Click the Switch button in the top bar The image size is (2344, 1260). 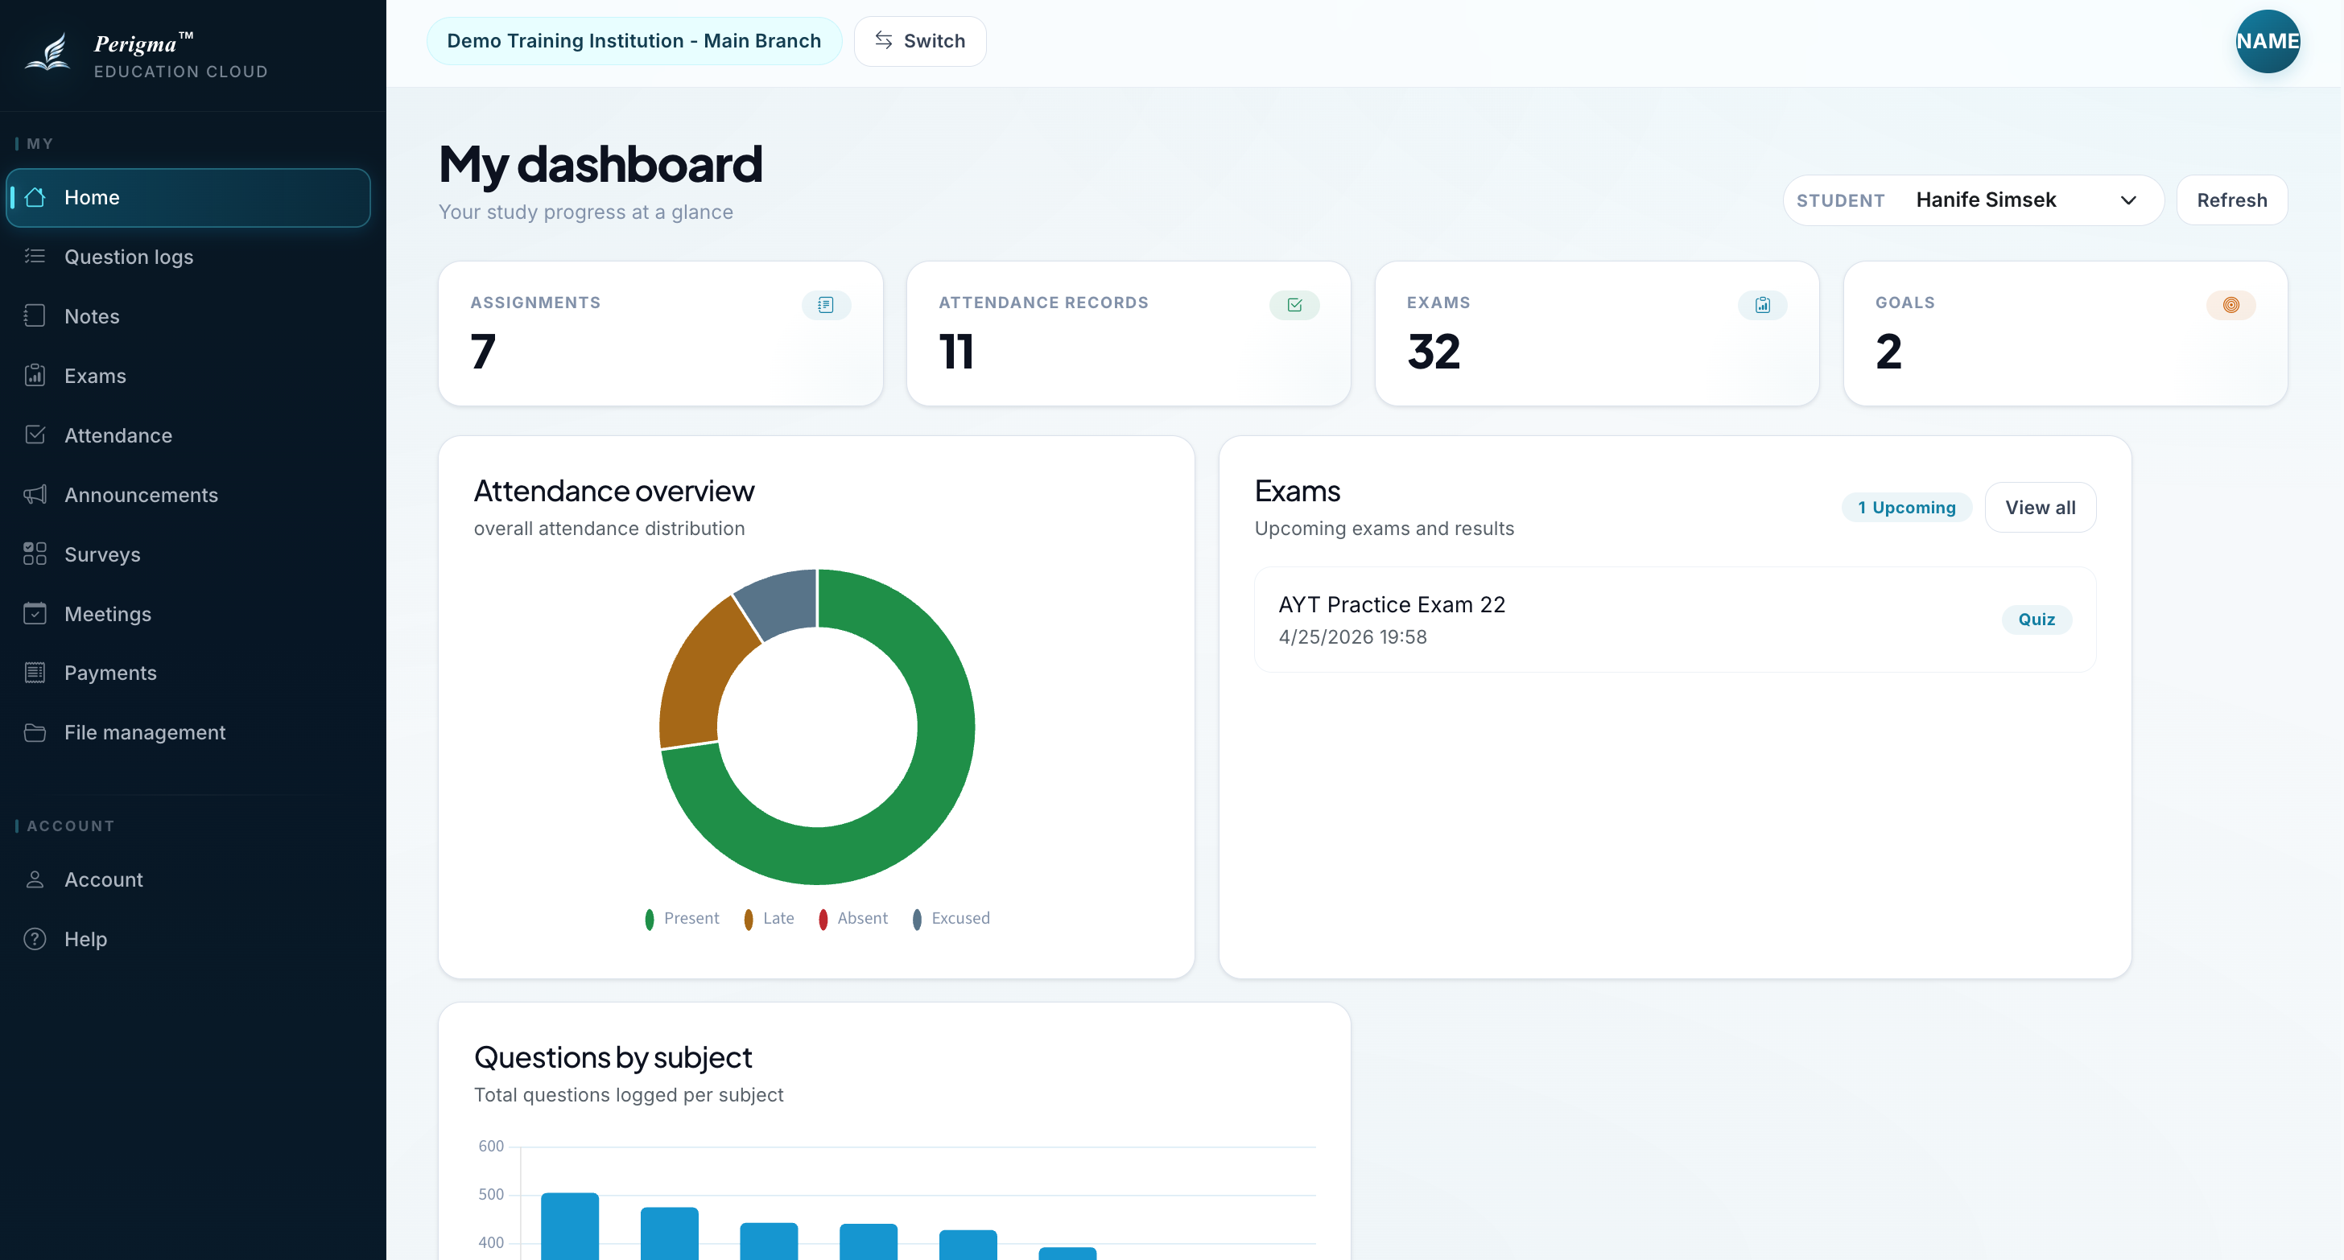(x=919, y=41)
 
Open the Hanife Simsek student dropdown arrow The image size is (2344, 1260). (x=2128, y=200)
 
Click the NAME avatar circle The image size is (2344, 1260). (x=2268, y=41)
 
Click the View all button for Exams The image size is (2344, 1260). (x=2040, y=508)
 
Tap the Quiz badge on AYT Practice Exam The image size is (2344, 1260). (x=2037, y=620)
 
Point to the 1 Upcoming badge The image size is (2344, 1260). (x=1906, y=508)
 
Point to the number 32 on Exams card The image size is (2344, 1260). (x=1434, y=352)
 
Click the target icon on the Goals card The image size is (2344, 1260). (x=2231, y=305)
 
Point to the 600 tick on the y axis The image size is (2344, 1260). (x=491, y=1147)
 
